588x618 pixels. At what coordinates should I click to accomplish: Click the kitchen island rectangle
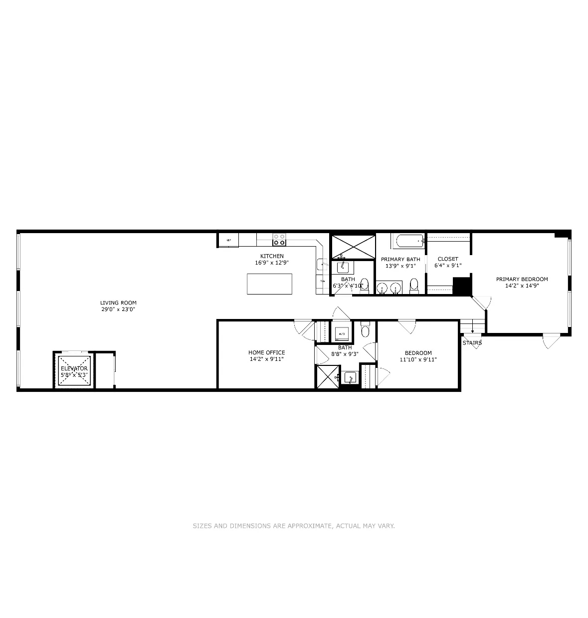point(269,284)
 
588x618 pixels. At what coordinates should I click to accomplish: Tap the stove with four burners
point(279,240)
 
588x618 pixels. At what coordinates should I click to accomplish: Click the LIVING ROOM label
point(118,303)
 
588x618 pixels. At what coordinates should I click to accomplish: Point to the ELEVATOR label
point(74,368)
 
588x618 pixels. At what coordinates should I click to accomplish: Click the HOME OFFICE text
point(267,352)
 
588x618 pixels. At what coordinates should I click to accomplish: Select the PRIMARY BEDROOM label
point(522,279)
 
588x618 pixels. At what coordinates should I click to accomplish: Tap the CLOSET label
point(448,259)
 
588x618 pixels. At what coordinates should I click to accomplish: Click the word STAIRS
point(472,343)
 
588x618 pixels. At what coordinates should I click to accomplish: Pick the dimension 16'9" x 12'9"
point(272,263)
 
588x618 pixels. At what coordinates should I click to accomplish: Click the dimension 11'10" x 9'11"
point(418,359)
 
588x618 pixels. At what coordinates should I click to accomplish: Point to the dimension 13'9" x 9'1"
point(400,266)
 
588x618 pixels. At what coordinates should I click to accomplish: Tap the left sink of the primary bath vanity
point(382,288)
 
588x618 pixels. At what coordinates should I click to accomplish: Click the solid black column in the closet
point(462,287)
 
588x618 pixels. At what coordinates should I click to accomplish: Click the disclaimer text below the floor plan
point(294,526)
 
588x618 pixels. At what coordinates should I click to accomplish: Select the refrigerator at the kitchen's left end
point(228,240)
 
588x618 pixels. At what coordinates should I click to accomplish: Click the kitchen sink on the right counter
point(322,265)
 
